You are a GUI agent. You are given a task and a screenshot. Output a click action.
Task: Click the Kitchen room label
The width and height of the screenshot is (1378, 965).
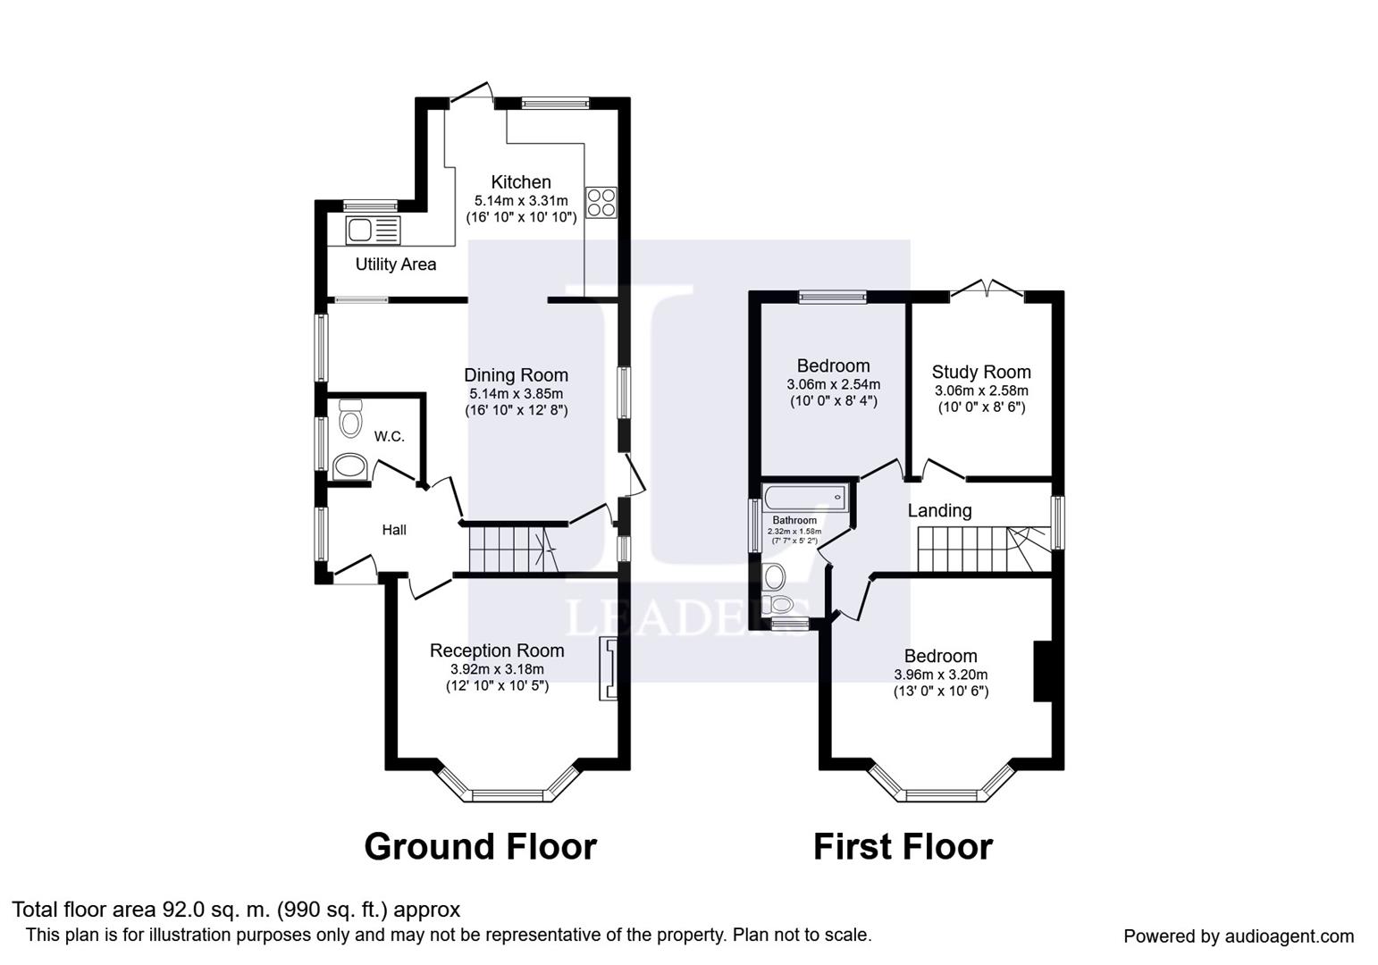[x=520, y=182]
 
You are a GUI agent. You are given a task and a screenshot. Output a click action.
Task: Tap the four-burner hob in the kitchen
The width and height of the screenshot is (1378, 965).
[x=601, y=202]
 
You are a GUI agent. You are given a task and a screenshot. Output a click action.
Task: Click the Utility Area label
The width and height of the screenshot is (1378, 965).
[x=395, y=264]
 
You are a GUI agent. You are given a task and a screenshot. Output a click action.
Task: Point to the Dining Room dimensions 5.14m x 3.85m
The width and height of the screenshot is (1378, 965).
[x=516, y=393]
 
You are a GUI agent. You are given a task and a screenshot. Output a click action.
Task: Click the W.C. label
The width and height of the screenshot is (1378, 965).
[x=389, y=437]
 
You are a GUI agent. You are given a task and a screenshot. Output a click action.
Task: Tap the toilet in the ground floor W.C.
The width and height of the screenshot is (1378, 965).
[x=349, y=417]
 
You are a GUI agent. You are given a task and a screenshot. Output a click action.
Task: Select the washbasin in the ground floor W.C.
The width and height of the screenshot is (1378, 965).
[x=349, y=466]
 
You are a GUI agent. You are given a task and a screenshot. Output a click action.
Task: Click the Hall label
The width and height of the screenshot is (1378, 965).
[x=394, y=530]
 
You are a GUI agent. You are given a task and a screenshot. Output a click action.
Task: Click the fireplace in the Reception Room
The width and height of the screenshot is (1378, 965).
[x=609, y=668]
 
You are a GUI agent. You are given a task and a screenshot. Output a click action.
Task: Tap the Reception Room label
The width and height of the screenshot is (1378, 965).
[x=497, y=650]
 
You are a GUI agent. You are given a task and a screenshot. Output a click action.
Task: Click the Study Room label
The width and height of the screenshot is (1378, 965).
[x=980, y=373]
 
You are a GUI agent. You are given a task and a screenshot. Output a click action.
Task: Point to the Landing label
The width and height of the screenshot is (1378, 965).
[x=939, y=511]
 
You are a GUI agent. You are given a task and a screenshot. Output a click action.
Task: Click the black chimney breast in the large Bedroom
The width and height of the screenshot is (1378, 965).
[x=1042, y=671]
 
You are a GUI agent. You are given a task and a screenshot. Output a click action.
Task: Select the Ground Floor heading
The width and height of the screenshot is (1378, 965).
[x=480, y=846]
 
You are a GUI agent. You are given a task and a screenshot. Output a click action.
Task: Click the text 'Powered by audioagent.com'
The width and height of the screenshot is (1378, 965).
[x=1238, y=936]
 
